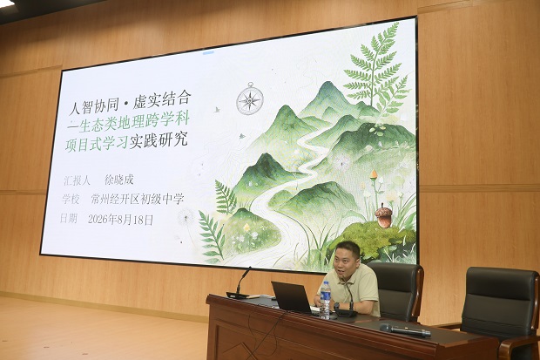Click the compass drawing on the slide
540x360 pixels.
click(x=250, y=99)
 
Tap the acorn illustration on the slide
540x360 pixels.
click(x=383, y=215)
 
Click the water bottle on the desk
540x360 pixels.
click(x=325, y=300)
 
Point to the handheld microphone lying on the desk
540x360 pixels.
click(x=405, y=330)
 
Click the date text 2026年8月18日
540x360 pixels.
click(x=120, y=220)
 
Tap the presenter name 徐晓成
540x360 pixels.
click(x=118, y=180)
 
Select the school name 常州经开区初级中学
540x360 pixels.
click(x=138, y=199)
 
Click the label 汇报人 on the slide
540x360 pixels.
click(x=77, y=180)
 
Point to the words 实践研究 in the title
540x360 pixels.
click(x=159, y=139)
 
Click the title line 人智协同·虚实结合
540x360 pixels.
click(x=130, y=103)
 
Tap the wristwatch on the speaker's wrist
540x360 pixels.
click(x=336, y=306)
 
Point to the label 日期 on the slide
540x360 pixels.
click(x=69, y=218)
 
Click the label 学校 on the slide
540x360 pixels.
click(x=71, y=199)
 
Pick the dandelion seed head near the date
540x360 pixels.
click(x=186, y=217)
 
